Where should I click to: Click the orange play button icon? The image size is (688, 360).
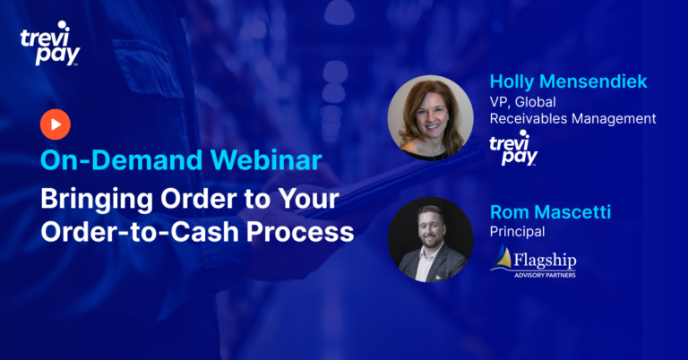(x=56, y=124)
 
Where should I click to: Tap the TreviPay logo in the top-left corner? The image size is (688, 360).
(x=50, y=43)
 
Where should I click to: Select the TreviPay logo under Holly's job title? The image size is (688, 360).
(x=514, y=149)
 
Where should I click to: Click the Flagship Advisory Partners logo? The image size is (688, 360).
(x=533, y=261)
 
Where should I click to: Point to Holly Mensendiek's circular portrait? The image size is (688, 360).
(x=430, y=118)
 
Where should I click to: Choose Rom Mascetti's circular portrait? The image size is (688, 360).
(x=430, y=239)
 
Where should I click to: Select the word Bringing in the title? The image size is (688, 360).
(x=97, y=200)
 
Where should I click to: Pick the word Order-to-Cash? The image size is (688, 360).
(x=140, y=232)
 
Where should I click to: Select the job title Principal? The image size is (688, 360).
(x=517, y=232)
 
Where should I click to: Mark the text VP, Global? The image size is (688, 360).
(x=522, y=102)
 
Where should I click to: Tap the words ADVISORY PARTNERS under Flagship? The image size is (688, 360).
(x=545, y=275)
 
